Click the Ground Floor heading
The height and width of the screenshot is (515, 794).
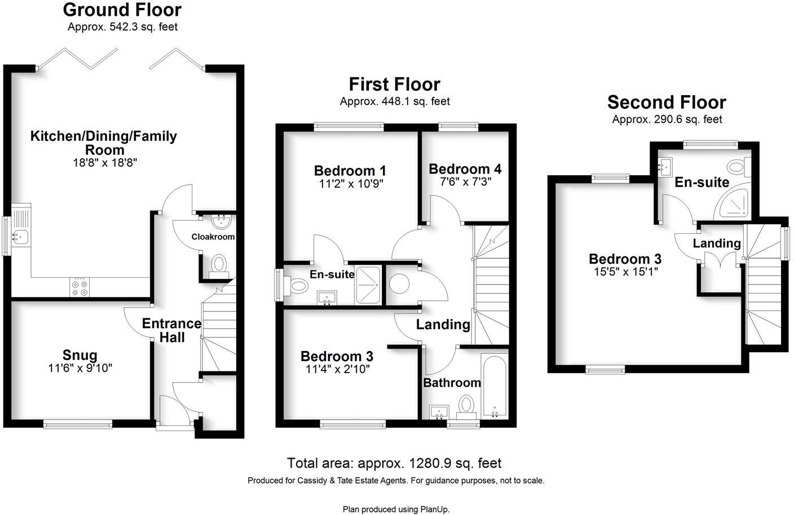[122, 10]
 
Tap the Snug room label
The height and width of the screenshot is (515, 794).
[80, 355]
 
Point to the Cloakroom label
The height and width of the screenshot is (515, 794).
[213, 237]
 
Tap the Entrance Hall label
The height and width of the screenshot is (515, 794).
[171, 330]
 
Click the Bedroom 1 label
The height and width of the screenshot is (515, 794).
[350, 170]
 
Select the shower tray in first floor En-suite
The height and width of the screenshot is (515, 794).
[369, 285]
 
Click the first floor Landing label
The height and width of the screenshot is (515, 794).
[443, 325]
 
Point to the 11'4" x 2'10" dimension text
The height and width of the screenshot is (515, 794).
[337, 370]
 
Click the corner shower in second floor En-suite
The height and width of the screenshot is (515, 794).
[735, 204]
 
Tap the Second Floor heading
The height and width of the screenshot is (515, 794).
[667, 102]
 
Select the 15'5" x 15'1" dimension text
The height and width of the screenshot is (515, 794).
[625, 272]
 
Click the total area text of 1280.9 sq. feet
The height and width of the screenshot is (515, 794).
[394, 463]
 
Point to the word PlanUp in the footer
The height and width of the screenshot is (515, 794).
[434, 509]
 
